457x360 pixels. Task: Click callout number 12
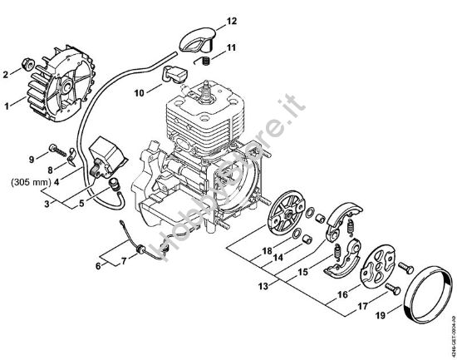[x=233, y=19]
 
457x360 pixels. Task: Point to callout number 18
[x=266, y=250]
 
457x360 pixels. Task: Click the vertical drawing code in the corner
[x=450, y=319]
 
